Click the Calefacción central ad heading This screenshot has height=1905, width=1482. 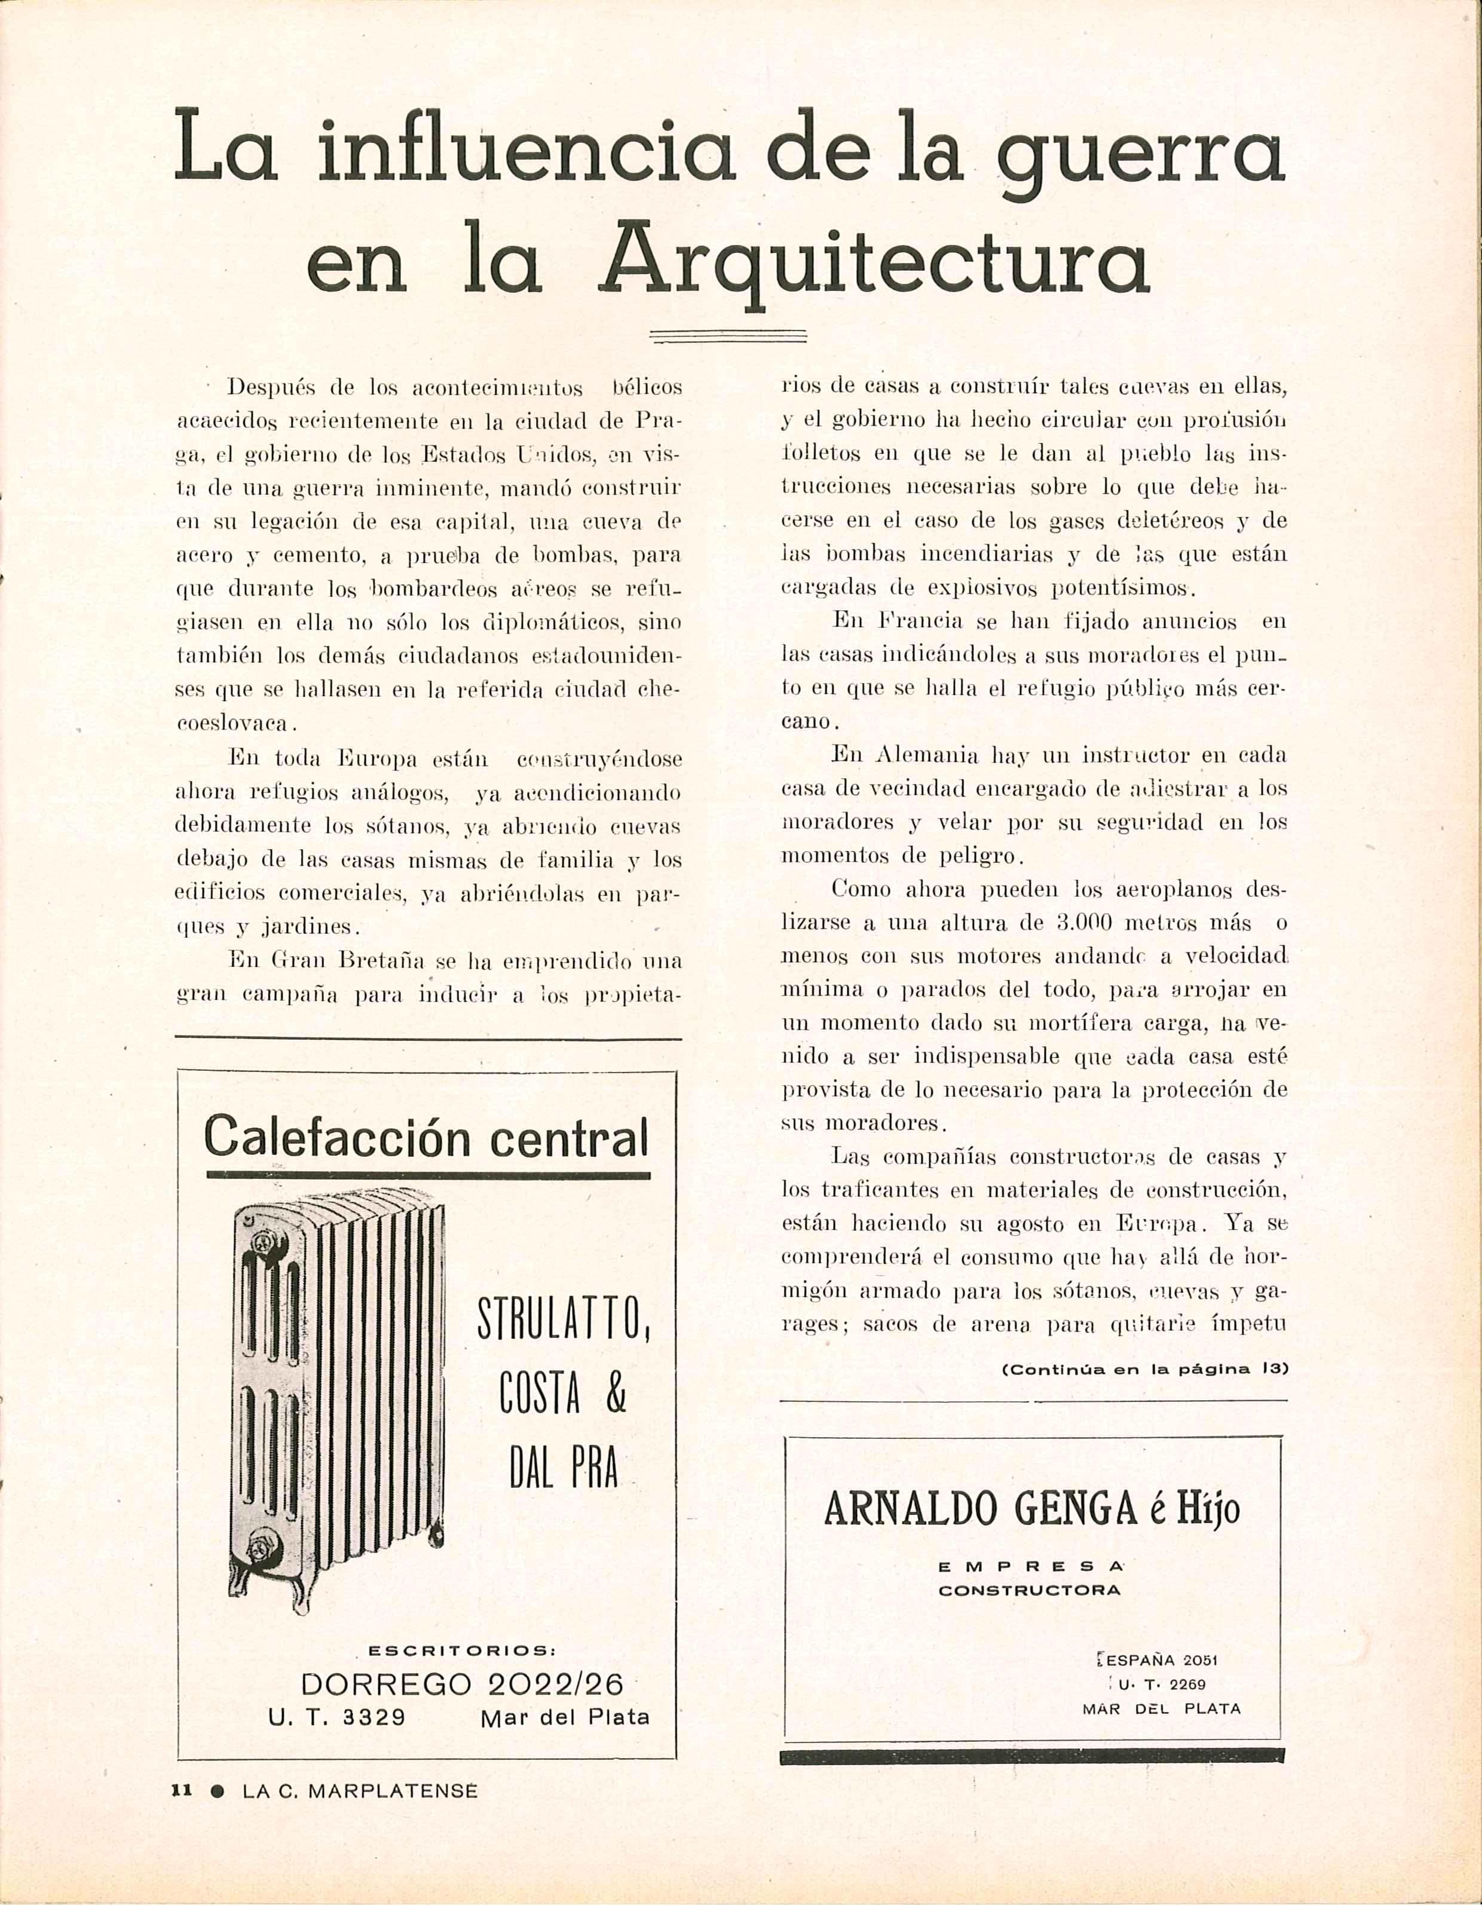pyautogui.click(x=427, y=1137)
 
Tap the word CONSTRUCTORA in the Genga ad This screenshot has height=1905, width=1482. pyautogui.click(x=1029, y=1589)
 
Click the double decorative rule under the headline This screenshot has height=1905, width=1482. pyautogui.click(x=729, y=336)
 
